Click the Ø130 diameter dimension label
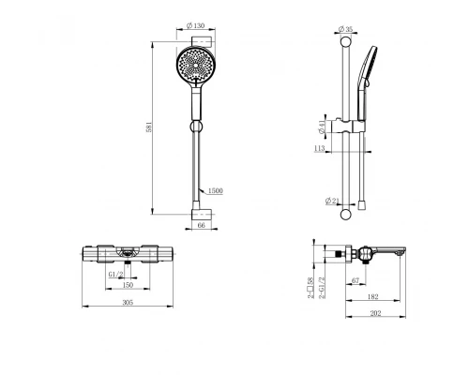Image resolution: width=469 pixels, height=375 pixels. click(x=195, y=25)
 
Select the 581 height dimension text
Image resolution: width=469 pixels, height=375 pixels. click(x=149, y=127)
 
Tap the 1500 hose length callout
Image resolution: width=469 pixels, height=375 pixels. click(x=215, y=190)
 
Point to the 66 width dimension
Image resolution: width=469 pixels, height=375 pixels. click(x=202, y=225)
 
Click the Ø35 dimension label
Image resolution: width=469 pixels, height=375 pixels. click(x=345, y=29)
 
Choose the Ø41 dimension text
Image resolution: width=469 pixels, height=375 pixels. click(x=322, y=127)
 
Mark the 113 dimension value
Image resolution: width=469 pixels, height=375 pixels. click(x=319, y=148)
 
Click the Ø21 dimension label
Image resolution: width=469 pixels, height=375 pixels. click(x=332, y=201)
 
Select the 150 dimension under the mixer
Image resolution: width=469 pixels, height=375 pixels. click(x=128, y=285)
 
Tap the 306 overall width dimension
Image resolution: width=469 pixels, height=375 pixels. click(x=128, y=302)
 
